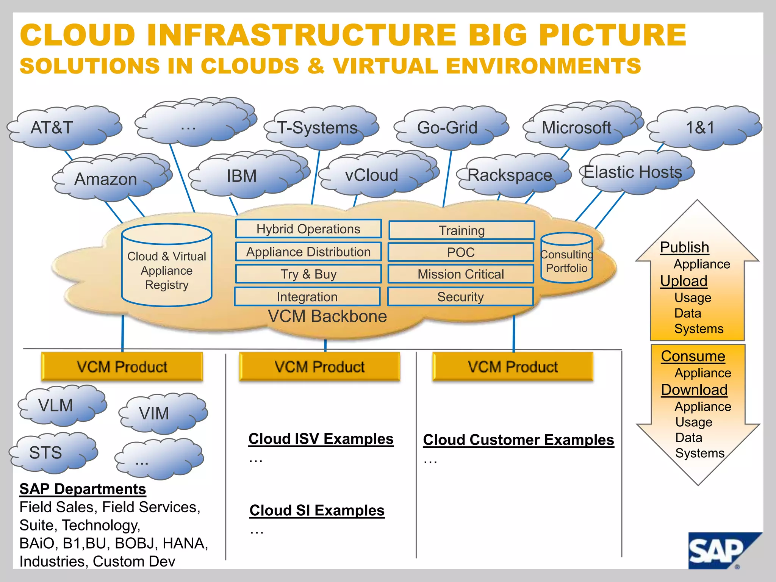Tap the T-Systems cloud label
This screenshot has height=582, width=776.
click(318, 128)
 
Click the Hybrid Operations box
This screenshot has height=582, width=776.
click(308, 229)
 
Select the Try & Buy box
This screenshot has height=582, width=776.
click(308, 274)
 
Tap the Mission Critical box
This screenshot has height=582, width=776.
click(461, 274)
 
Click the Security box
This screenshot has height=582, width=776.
click(460, 297)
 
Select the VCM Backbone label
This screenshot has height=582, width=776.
click(327, 316)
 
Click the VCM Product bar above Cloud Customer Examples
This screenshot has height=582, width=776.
click(513, 367)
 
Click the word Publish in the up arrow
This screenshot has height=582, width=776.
click(684, 247)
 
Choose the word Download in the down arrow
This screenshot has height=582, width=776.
click(694, 390)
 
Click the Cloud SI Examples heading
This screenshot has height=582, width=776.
click(317, 510)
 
